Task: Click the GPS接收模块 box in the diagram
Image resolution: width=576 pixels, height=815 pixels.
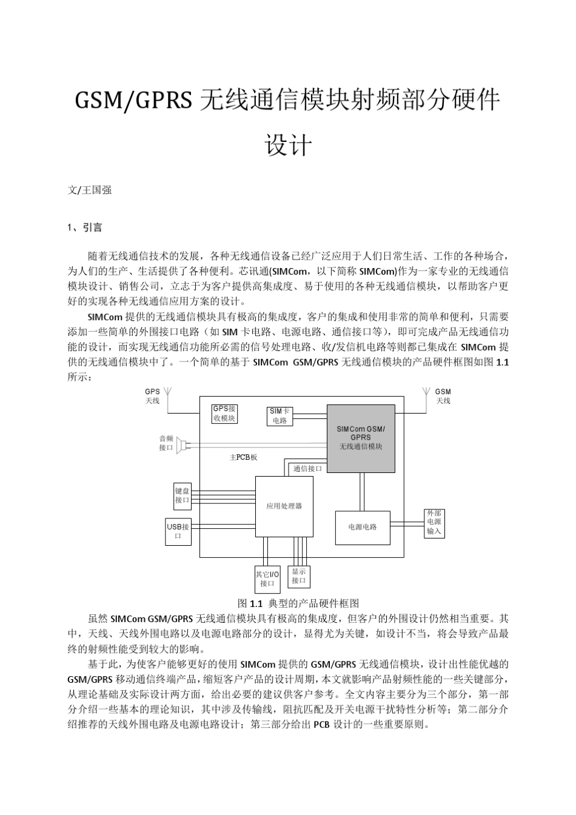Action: pos(224,414)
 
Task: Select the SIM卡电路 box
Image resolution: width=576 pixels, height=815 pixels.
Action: pos(280,416)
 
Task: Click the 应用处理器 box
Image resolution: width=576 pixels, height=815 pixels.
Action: pos(284,506)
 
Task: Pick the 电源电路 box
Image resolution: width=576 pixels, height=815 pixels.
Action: pos(363,527)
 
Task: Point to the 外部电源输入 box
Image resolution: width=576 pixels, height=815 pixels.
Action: pos(434,522)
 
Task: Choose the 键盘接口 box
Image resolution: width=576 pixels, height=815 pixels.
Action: pos(183,495)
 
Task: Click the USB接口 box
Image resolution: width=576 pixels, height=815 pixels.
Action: pos(178,531)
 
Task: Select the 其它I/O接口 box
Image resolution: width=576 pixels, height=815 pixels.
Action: pos(267,579)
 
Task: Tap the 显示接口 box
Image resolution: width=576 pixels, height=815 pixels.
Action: pos(299,576)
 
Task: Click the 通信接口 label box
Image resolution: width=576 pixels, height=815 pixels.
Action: pos(308,468)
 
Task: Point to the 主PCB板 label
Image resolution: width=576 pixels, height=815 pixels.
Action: pos(243,457)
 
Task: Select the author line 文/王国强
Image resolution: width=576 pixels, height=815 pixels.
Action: pos(90,190)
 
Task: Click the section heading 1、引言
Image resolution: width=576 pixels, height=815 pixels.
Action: pos(85,227)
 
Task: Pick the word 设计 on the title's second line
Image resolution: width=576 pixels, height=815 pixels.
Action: pos(288,146)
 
